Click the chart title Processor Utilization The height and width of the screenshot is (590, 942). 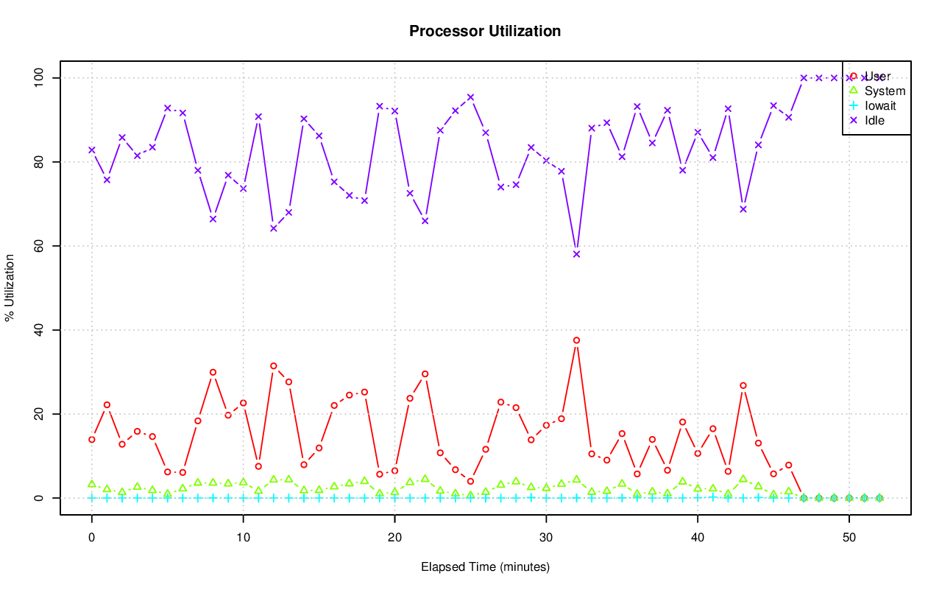click(x=485, y=31)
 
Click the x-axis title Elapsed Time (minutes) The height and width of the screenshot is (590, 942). click(x=485, y=567)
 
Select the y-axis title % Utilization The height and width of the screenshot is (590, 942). click(x=10, y=287)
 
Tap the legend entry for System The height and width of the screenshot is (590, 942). click(x=885, y=91)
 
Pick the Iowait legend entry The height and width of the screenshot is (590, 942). click(x=880, y=106)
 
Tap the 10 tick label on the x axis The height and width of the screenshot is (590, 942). click(x=243, y=538)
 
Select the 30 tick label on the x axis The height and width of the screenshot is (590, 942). click(x=546, y=538)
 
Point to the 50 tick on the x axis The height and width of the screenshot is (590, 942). click(x=849, y=538)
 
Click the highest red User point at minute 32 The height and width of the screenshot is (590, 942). click(x=576, y=340)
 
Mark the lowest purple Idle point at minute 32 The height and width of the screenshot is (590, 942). click(x=576, y=254)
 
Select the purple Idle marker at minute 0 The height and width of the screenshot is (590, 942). click(x=92, y=150)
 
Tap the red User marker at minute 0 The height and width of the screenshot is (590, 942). click(x=92, y=440)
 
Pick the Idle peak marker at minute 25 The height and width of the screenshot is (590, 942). click(x=470, y=97)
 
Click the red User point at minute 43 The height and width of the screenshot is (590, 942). click(x=743, y=385)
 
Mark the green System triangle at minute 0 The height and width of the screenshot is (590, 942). click(x=92, y=484)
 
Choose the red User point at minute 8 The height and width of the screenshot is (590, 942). click(x=213, y=373)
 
